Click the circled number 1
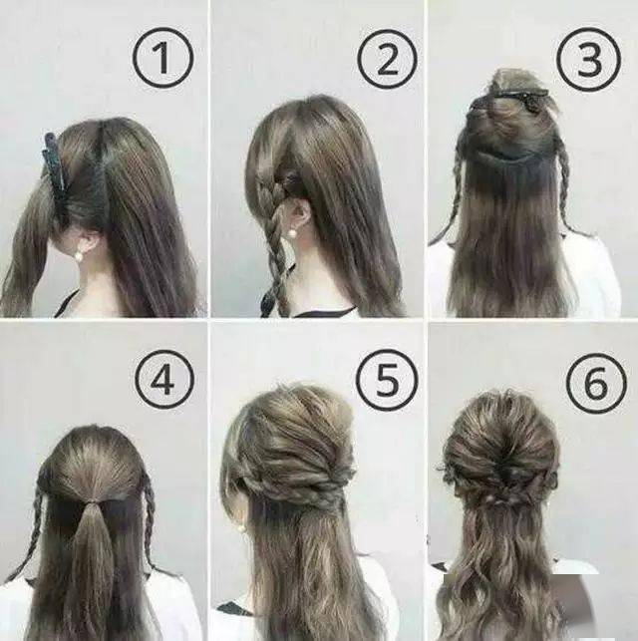(x=162, y=58)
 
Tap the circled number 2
(x=387, y=58)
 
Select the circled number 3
(x=589, y=58)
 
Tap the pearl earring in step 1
(x=78, y=256)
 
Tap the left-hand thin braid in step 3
(x=455, y=195)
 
